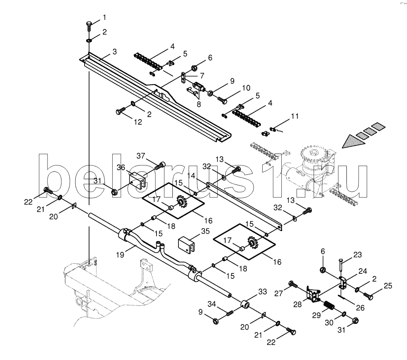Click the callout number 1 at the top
pos(104,17)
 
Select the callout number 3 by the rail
pos(115,52)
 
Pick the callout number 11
pos(295,116)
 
